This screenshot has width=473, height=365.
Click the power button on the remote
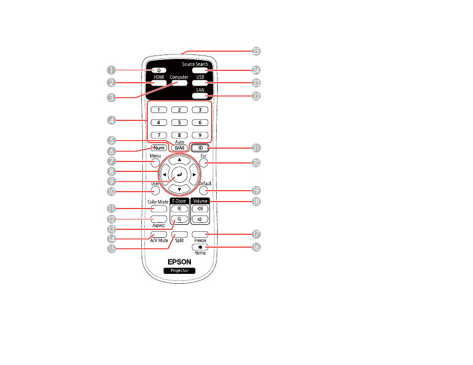[159, 70]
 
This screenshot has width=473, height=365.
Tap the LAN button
[200, 96]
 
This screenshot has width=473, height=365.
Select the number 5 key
[179, 122]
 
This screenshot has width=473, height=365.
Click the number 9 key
[200, 135]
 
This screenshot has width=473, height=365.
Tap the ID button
[200, 148]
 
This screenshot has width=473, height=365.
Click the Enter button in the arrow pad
[179, 174]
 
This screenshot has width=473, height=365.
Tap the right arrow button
[194, 174]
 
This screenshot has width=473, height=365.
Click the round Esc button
[204, 163]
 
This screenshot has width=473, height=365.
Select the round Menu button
[155, 163]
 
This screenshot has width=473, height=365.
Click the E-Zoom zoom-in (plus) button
[179, 209]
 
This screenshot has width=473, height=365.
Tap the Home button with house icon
[200, 247]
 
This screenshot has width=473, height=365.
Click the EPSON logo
[179, 262]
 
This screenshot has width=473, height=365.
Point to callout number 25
[256, 51]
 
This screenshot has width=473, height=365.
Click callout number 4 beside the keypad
[112, 120]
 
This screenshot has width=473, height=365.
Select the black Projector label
[179, 271]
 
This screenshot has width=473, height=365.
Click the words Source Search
[195, 64]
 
